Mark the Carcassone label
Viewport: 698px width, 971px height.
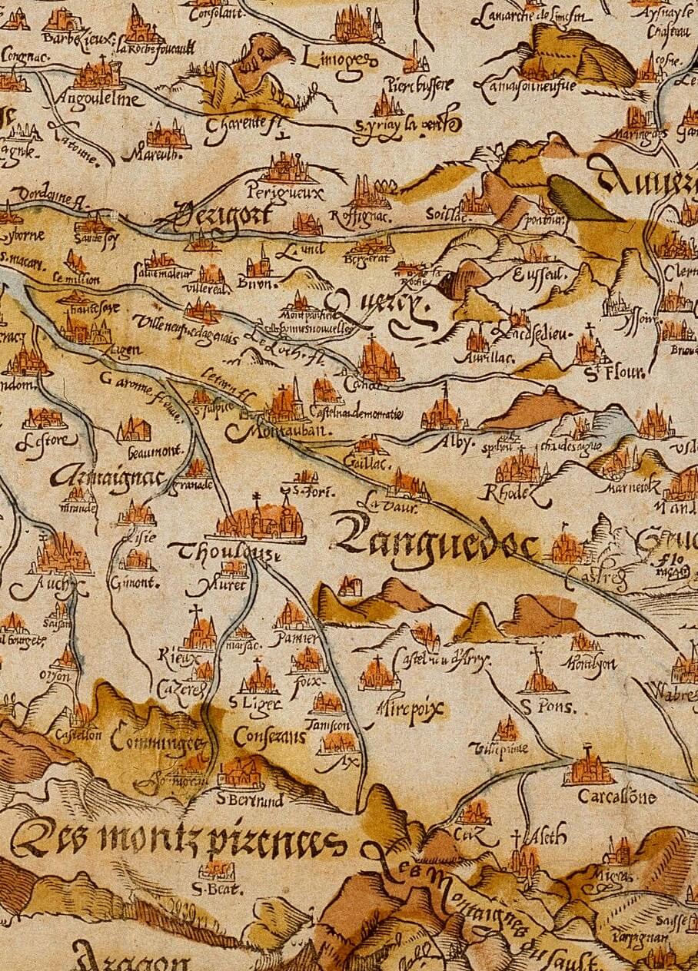pyautogui.click(x=617, y=797)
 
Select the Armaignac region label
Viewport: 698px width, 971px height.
pyautogui.click(x=108, y=477)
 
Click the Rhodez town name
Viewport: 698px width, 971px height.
pyautogui.click(x=514, y=492)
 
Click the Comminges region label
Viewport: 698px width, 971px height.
pyautogui.click(x=158, y=742)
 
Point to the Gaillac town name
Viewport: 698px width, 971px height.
pyautogui.click(x=372, y=464)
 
